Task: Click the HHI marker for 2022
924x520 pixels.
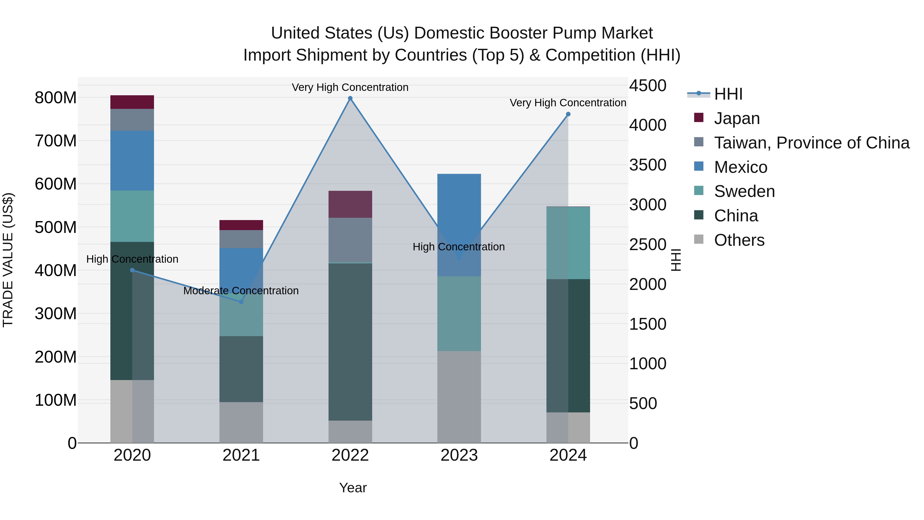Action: click(x=350, y=98)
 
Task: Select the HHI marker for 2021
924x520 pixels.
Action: click(x=241, y=302)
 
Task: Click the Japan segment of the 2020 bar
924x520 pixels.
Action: click(x=132, y=102)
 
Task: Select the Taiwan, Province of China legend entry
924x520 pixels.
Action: click(x=811, y=143)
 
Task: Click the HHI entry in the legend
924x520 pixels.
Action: click(x=728, y=94)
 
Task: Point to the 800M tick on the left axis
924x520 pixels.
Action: click(x=56, y=98)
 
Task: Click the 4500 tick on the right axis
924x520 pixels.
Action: click(x=648, y=86)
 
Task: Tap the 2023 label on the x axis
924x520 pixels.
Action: click(x=459, y=455)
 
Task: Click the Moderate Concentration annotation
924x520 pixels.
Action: click(x=241, y=291)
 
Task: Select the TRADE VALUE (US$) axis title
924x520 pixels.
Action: click(x=8, y=260)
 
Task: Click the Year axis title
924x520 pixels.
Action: click(x=353, y=488)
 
